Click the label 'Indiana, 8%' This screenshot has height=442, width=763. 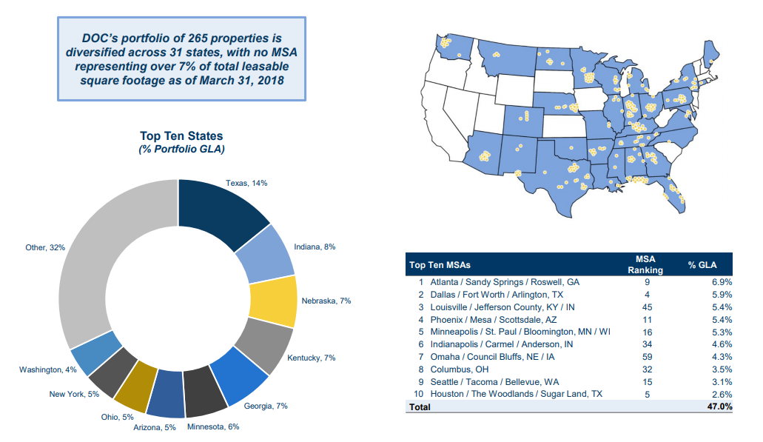[315, 247]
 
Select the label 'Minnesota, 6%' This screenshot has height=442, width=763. [213, 426]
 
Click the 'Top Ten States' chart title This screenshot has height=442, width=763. [181, 136]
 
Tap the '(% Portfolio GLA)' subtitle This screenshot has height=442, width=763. [181, 149]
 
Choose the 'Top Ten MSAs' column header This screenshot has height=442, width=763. [440, 265]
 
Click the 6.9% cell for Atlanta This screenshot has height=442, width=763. [721, 282]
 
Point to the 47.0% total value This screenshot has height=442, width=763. [719, 406]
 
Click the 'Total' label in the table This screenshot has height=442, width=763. [420, 406]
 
